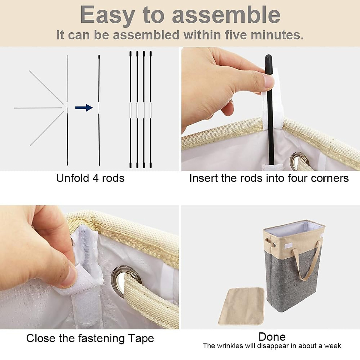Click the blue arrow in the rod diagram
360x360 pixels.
tap(84, 108)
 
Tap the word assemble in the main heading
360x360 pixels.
tap(226, 15)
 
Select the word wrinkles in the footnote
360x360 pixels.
tap(230, 346)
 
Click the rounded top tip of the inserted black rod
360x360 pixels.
tap(268, 56)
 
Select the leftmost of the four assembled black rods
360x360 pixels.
tap(130, 109)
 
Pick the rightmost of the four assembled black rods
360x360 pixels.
tap(151, 109)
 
